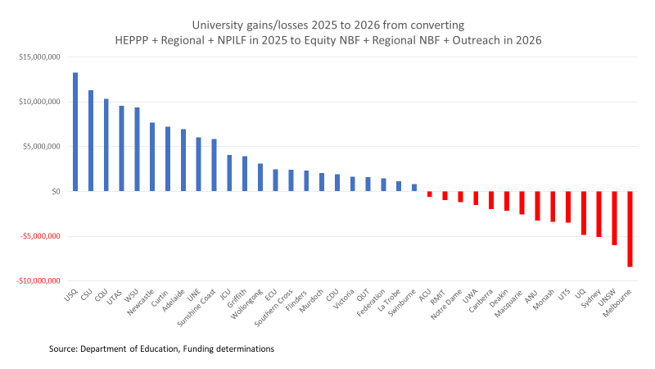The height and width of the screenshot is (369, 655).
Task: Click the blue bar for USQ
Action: [75, 132]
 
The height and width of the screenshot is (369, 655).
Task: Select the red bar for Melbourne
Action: [630, 229]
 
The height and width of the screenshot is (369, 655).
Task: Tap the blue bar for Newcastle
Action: [152, 157]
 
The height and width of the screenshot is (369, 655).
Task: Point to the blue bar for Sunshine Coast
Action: [214, 165]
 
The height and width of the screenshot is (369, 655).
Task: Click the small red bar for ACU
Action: [430, 194]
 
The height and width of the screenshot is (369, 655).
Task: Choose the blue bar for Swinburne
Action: [414, 188]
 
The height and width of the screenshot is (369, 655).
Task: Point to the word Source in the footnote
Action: [63, 349]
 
